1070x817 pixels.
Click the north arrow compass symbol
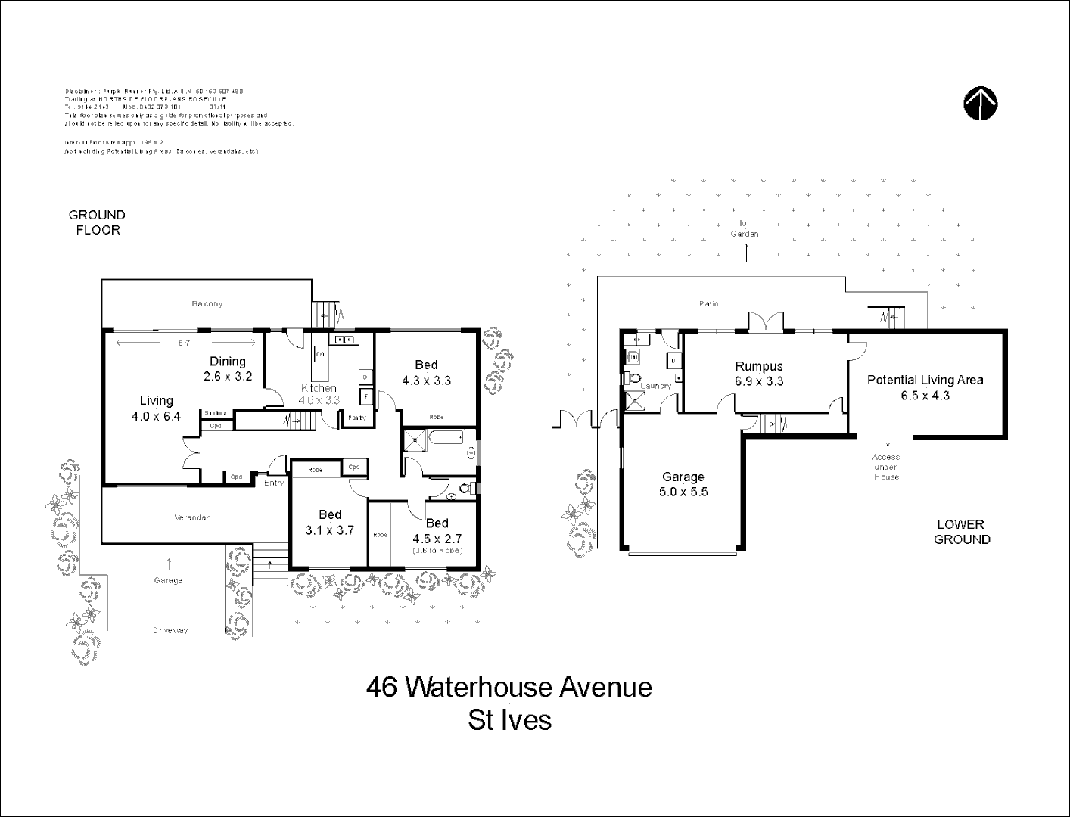click(980, 104)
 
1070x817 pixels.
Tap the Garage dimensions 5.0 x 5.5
click(683, 492)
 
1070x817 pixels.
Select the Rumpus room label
click(758, 366)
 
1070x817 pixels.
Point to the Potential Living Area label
click(925, 380)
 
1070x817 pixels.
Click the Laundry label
click(655, 386)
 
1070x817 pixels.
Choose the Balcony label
click(207, 304)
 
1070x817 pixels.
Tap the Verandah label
click(192, 518)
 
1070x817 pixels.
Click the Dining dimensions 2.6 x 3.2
click(228, 376)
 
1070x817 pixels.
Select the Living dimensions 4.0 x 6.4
click(156, 416)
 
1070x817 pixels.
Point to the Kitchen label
click(318, 388)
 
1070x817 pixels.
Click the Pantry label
click(356, 418)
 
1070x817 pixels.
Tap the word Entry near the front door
click(274, 483)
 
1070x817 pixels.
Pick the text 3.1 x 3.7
click(329, 530)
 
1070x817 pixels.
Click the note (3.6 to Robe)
click(437, 551)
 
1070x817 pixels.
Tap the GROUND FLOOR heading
click(97, 222)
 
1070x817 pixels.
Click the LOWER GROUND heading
click(961, 532)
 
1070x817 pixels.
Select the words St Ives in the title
click(509, 719)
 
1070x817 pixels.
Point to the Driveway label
click(170, 630)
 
